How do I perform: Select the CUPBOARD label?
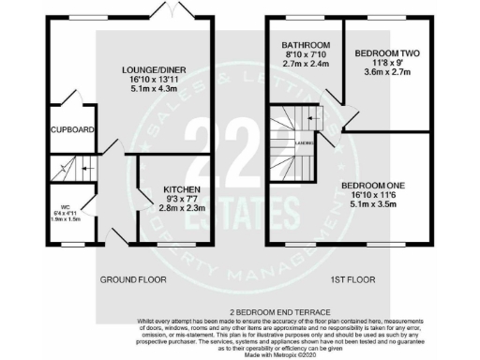71,129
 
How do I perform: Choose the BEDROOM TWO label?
383,54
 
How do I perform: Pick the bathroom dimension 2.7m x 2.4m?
304,66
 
